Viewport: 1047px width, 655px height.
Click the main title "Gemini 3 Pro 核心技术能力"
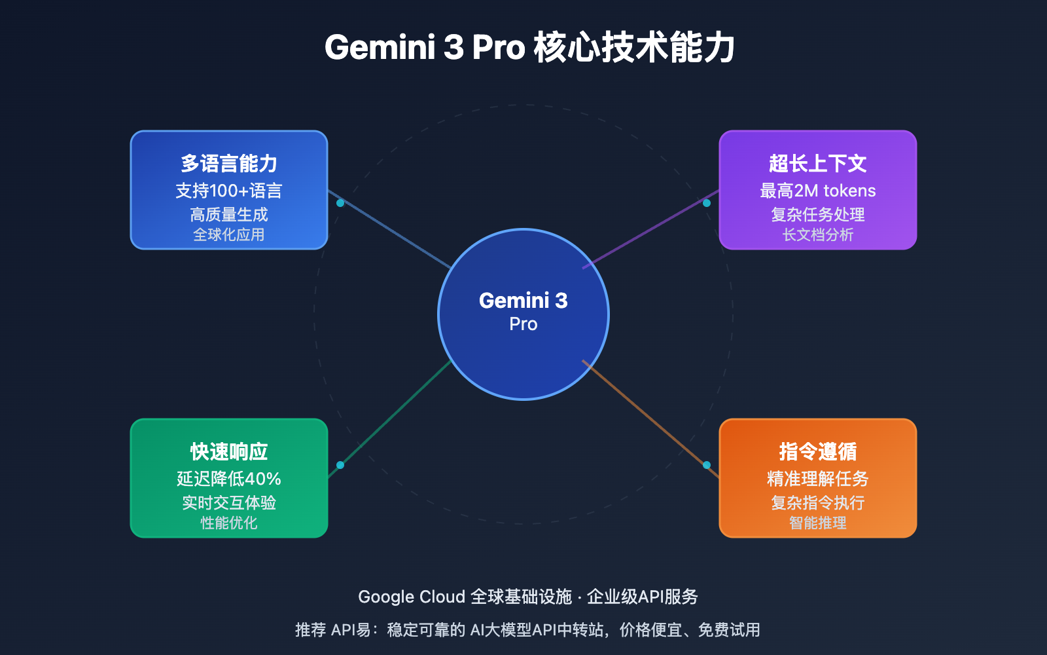530,47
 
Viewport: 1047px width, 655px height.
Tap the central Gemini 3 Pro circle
523,314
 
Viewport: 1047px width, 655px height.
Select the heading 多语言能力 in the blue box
229,163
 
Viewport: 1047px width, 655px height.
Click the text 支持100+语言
229,191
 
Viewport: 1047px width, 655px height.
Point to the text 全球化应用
229,234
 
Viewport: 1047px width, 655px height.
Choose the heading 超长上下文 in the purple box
818,163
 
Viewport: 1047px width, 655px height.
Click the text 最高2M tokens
818,191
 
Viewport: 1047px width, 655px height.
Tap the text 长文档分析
818,234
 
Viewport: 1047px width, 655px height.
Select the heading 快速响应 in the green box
229,451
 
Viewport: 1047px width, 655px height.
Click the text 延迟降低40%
229,479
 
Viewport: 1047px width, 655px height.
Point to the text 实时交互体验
229,502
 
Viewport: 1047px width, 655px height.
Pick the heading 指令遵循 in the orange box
818,451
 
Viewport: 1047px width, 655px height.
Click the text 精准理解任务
818,479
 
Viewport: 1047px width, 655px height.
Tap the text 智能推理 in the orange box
818,523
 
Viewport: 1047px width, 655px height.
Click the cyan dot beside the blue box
340,203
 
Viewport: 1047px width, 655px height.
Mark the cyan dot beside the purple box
707,203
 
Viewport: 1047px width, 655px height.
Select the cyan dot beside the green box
340,465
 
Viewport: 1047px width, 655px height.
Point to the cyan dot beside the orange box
707,465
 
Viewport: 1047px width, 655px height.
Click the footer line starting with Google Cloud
528,597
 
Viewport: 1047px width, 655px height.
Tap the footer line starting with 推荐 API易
527,629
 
